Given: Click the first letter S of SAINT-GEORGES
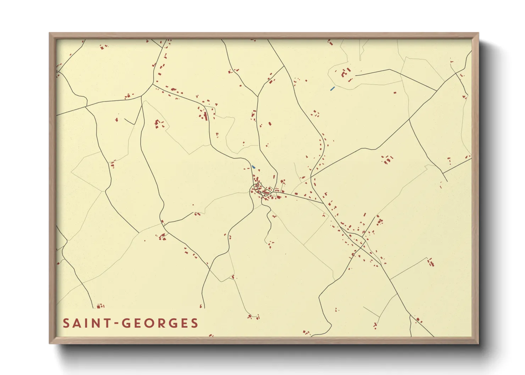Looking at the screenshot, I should (x=66, y=323).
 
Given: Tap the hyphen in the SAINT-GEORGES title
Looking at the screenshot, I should (x=116, y=323).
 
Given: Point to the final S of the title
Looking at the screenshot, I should (x=194, y=323).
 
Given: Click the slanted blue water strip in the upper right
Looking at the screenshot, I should (x=332, y=89).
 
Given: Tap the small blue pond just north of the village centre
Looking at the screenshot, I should (x=253, y=167).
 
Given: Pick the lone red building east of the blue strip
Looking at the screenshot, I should (x=395, y=93).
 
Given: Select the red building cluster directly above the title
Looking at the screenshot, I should (x=101, y=306).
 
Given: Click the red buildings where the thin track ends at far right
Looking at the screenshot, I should (x=431, y=262).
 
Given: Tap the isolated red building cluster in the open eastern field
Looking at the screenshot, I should (x=387, y=159).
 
